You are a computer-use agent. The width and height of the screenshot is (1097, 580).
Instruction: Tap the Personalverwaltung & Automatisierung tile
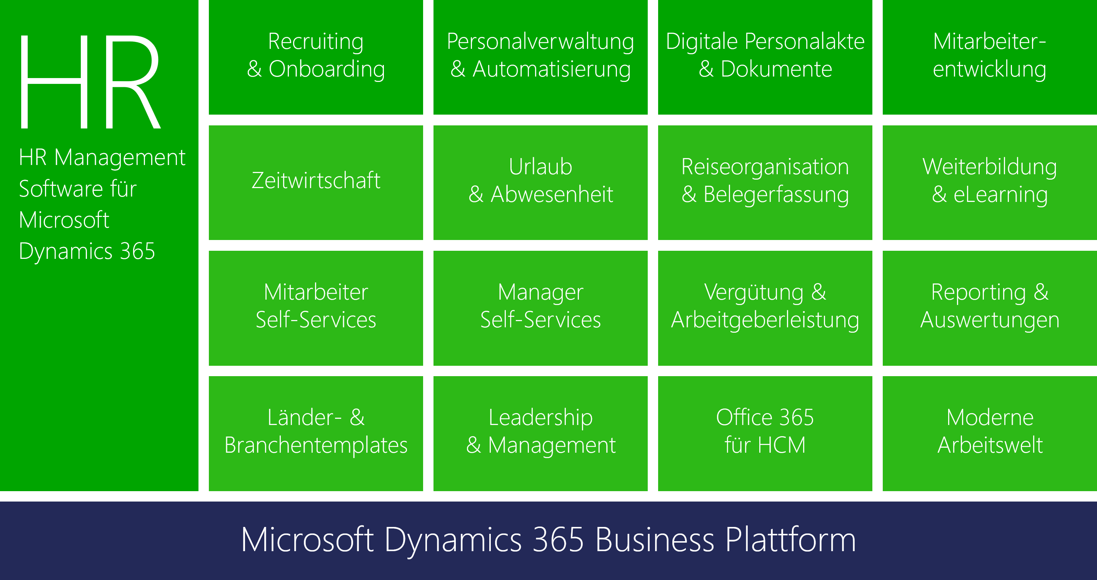540,57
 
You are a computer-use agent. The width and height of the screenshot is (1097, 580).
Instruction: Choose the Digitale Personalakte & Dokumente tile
765,57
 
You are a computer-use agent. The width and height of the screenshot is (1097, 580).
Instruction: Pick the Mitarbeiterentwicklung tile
990,57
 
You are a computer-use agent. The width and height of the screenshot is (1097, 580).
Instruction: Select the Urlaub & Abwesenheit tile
540,183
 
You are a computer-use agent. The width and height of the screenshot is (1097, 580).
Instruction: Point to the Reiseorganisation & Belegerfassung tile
765,183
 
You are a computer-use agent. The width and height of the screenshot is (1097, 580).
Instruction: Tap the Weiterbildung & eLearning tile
990,183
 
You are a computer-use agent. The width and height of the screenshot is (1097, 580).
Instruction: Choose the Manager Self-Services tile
540,308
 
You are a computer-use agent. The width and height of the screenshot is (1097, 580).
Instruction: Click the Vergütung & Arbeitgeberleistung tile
765,308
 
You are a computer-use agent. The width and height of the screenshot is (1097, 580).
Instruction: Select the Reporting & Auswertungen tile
990,308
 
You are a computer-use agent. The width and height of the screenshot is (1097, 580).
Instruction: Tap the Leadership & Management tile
540,433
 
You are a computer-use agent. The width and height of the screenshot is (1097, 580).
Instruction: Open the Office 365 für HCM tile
765,433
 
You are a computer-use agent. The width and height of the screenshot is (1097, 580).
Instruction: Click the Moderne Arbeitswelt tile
990,433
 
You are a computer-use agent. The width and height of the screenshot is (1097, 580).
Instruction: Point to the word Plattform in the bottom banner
790,540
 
